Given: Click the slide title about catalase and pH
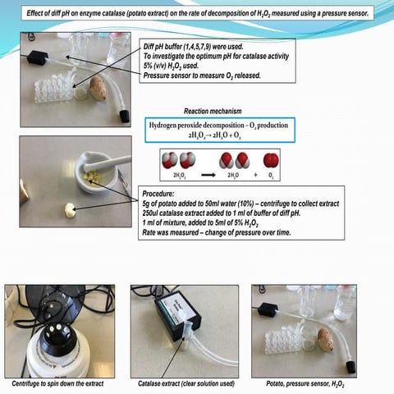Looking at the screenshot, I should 197,13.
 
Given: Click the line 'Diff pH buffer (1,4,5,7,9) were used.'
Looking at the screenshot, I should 199,48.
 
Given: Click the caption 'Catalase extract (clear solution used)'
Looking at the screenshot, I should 185,383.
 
